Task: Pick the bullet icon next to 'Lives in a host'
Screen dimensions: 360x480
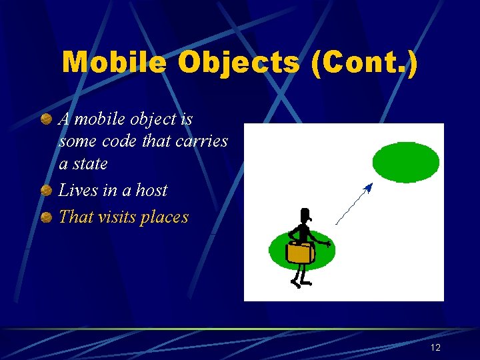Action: (46, 191)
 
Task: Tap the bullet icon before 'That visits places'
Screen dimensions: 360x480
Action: (46, 217)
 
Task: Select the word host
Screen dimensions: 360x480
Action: (151, 190)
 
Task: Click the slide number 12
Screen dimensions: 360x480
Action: (435, 347)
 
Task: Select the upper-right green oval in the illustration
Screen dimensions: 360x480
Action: (405, 162)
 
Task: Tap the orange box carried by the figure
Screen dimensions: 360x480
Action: (299, 253)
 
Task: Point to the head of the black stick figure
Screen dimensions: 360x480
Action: (305, 216)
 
